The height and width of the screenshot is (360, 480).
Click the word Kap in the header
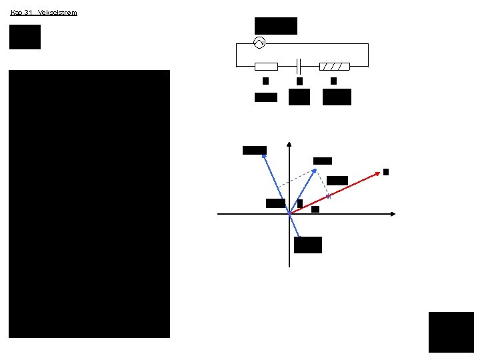(x=17, y=12)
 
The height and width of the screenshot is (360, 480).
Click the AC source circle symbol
(x=260, y=43)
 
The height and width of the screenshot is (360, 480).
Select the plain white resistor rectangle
(x=267, y=66)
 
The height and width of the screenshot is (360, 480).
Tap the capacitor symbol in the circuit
(x=299, y=66)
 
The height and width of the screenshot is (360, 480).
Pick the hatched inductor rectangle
(x=334, y=66)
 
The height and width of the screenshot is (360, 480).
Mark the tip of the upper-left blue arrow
(x=263, y=154)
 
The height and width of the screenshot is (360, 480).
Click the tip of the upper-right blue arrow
(x=317, y=169)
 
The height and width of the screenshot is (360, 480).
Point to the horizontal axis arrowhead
(x=393, y=214)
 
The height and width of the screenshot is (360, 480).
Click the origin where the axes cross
(x=289, y=214)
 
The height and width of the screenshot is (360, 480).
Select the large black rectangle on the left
(x=89, y=203)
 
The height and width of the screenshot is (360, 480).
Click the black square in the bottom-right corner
(x=451, y=331)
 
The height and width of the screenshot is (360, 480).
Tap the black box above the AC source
(x=276, y=26)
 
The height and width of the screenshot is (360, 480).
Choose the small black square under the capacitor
(x=299, y=81)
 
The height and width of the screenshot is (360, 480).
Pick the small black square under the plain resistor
(x=265, y=81)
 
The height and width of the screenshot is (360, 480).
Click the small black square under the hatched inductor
(x=333, y=81)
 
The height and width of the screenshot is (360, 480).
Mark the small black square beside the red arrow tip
(x=386, y=172)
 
